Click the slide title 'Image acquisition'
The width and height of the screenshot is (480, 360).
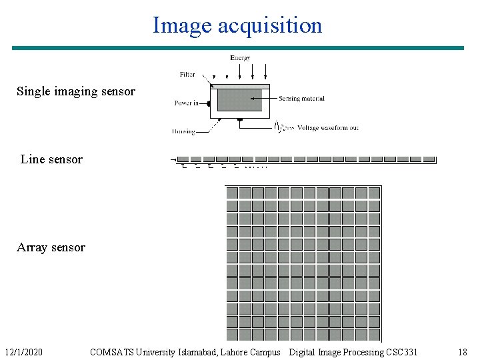[x=237, y=25]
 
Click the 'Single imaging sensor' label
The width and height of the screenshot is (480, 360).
[x=75, y=91]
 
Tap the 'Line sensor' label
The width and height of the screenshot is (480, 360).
[x=51, y=159]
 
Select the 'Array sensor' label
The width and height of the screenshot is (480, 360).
[x=51, y=247]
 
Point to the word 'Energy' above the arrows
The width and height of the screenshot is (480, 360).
[x=240, y=58]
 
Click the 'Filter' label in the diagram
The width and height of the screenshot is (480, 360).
[x=187, y=75]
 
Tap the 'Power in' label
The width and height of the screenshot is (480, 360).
[x=187, y=103]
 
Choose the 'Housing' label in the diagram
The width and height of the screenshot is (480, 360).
[x=183, y=131]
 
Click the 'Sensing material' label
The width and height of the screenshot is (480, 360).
[x=301, y=99]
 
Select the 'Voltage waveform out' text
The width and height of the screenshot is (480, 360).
[x=328, y=127]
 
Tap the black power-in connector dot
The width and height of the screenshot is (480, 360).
[x=209, y=103]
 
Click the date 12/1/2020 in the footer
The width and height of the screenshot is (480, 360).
[x=23, y=352]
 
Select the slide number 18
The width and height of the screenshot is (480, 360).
[x=463, y=352]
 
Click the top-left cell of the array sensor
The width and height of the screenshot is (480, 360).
[x=232, y=193]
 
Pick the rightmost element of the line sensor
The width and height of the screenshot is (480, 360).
[x=429, y=159]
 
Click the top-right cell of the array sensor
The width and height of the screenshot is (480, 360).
[x=374, y=193]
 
